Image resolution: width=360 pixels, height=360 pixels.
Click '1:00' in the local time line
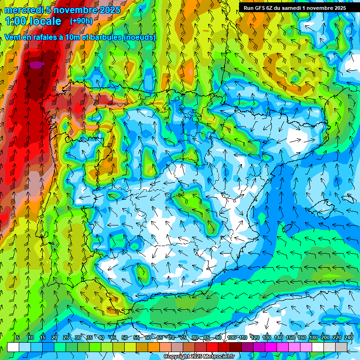[16, 21]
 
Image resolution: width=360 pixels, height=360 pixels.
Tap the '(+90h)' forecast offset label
[81, 21]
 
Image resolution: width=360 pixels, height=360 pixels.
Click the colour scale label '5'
[18, 337]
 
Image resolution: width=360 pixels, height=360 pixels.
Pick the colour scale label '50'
[124, 337]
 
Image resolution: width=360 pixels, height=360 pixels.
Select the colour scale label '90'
[218, 337]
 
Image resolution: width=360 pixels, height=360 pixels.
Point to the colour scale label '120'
[255, 337]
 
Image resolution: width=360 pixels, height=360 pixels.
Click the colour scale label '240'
[348, 337]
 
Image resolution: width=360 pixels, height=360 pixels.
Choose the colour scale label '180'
[313, 337]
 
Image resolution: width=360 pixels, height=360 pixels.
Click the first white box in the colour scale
[13, 347]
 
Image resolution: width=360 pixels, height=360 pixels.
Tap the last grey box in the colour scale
[341, 347]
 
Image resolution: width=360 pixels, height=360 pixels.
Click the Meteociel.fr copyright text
[199, 357]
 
